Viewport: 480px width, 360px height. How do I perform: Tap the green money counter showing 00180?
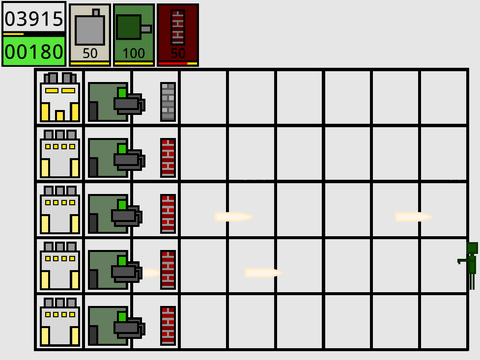(x=34, y=51)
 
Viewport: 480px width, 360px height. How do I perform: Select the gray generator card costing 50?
(x=90, y=35)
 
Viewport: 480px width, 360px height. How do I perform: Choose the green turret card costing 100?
(x=134, y=35)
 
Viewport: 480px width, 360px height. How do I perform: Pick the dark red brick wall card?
(x=178, y=35)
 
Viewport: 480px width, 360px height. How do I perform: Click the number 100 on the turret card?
(x=134, y=53)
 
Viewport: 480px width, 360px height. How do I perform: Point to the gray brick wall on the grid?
(x=168, y=102)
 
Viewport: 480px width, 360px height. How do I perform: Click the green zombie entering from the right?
(x=468, y=266)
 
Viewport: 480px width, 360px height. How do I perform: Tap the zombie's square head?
(x=473, y=249)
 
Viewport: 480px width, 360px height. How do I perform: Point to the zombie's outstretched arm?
(x=463, y=261)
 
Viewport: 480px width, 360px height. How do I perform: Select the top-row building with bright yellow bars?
(x=60, y=97)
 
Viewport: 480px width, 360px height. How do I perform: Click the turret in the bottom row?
(x=116, y=326)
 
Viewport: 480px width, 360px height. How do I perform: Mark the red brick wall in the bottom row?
(x=168, y=326)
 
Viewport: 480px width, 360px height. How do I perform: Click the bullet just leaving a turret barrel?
(x=151, y=273)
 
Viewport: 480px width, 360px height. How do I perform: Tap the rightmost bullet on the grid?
(x=413, y=217)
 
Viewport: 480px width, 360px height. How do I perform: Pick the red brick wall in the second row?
(x=168, y=158)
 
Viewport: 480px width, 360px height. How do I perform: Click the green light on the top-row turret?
(x=122, y=93)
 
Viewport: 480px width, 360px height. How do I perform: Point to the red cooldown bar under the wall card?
(x=173, y=63)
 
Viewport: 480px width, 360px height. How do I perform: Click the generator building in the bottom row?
(x=60, y=321)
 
